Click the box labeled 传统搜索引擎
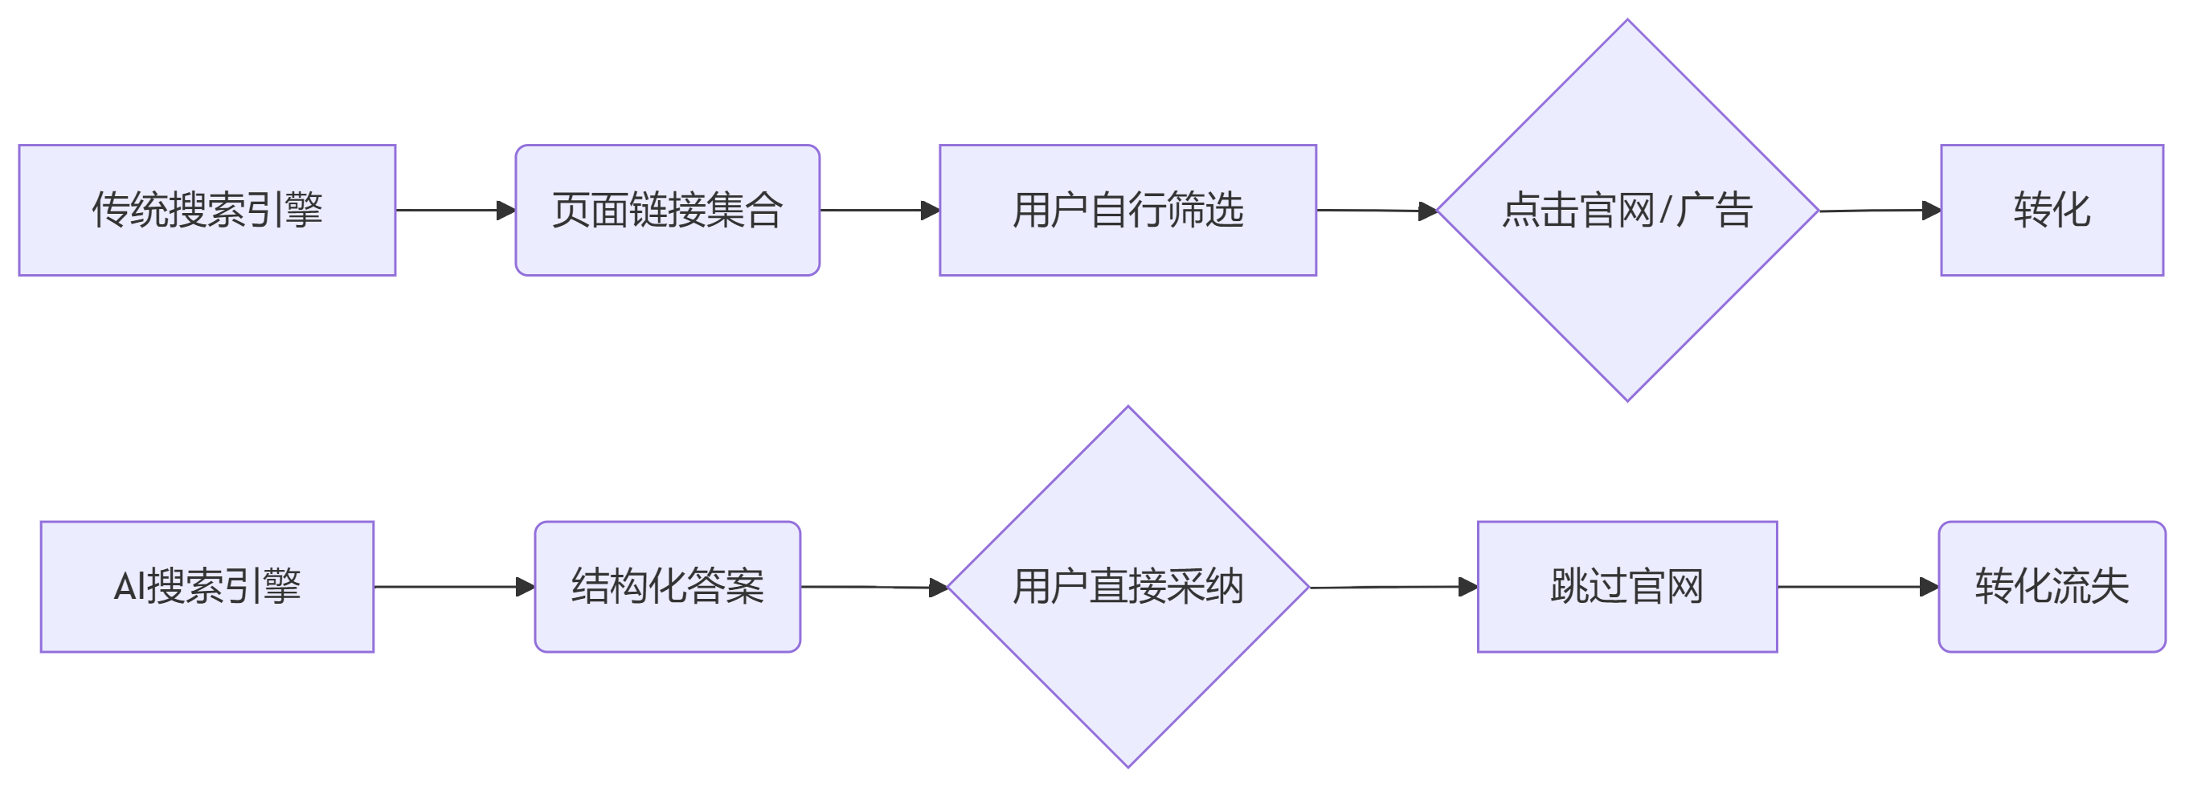(x=207, y=211)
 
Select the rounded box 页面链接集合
(x=667, y=211)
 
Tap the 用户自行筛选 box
(x=1127, y=211)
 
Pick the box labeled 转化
(x=2051, y=211)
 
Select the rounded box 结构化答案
(x=667, y=587)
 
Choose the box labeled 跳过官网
(x=1626, y=587)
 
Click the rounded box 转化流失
(x=2051, y=587)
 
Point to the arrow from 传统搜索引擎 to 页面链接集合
(x=455, y=211)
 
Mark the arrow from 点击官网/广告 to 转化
(x=1879, y=211)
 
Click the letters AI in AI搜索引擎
(x=129, y=587)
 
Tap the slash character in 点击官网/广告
(x=1665, y=211)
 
